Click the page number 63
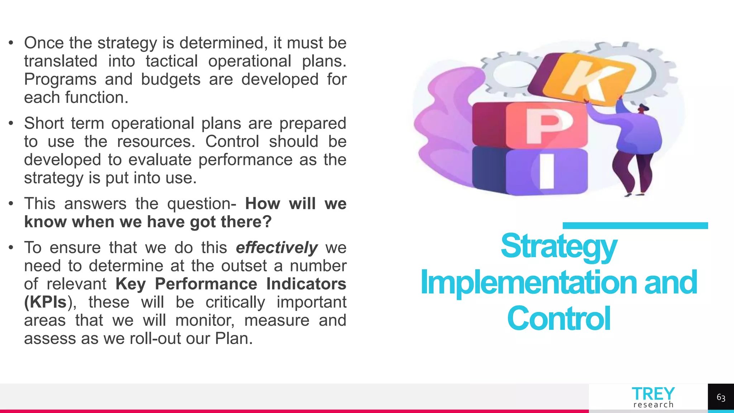pos(721,398)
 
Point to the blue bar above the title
pos(635,226)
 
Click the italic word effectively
pos(277,248)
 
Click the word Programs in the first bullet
pos(60,79)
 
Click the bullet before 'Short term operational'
pos(11,124)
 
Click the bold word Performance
pos(206,284)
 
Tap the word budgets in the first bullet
pos(171,79)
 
